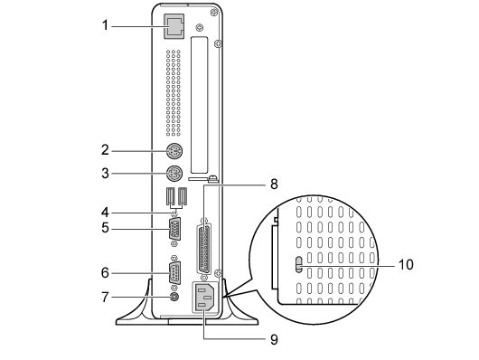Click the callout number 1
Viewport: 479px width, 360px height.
pyautogui.click(x=105, y=25)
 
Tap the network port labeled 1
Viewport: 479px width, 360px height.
pyautogui.click(x=174, y=26)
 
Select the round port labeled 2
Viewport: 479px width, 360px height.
pyautogui.click(x=174, y=151)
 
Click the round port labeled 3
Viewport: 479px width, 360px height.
pyautogui.click(x=174, y=174)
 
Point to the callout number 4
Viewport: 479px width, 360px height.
pyautogui.click(x=105, y=212)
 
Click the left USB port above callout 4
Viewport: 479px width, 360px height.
pyautogui.click(x=171, y=195)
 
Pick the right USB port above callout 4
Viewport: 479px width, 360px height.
pyautogui.click(x=183, y=195)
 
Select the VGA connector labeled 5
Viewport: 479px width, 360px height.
pyautogui.click(x=174, y=228)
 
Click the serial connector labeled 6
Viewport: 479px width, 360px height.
pyautogui.click(x=174, y=273)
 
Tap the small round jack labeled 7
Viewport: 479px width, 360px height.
pyautogui.click(x=174, y=297)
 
